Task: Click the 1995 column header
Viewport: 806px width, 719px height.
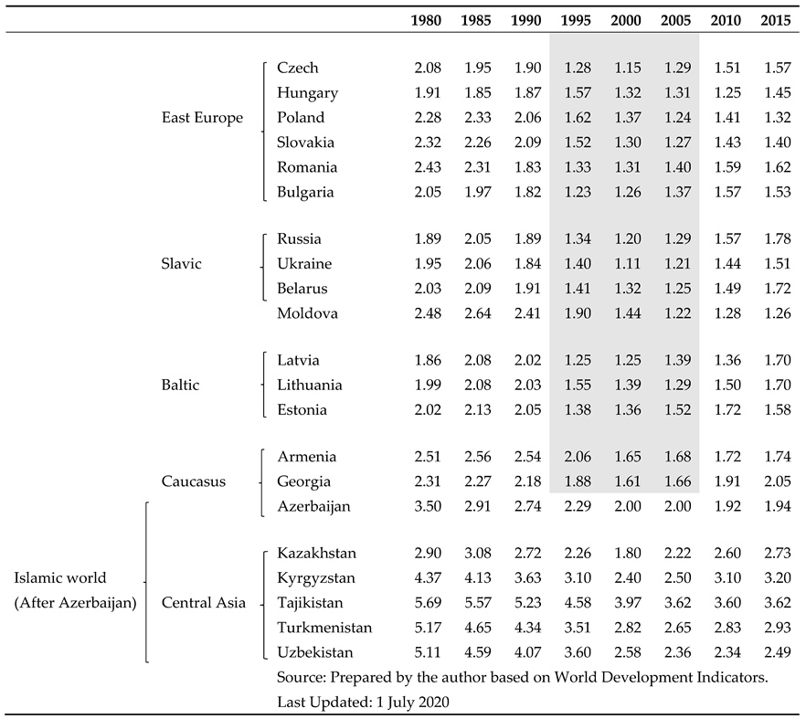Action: [x=575, y=20]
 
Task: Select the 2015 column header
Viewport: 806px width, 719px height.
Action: [x=775, y=20]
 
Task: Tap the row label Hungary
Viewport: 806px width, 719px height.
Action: [x=307, y=93]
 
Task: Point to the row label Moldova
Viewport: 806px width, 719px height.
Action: [x=307, y=313]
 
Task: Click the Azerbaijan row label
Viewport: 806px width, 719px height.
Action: [x=313, y=506]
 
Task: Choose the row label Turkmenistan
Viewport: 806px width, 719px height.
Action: [x=324, y=628]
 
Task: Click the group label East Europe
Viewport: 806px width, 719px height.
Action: [x=202, y=118]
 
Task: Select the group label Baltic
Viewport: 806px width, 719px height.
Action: [x=180, y=386]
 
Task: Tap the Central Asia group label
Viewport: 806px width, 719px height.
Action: [x=204, y=603]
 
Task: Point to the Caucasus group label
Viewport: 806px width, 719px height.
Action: [x=194, y=481]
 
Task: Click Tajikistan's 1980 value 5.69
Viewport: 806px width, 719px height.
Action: [x=426, y=603]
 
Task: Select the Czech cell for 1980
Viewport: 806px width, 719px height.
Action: [x=426, y=69]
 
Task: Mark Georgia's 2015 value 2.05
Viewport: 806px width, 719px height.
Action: [x=775, y=481]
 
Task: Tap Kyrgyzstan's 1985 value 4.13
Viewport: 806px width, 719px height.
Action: [x=476, y=578]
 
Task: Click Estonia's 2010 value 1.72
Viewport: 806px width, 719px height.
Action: [x=725, y=410]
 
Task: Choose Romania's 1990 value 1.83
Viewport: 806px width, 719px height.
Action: [x=525, y=167]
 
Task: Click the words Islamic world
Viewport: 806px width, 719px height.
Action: [x=60, y=578]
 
